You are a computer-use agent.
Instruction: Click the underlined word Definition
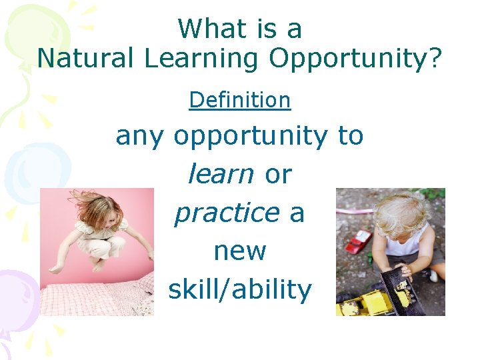[x=240, y=100]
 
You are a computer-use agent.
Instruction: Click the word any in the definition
[x=141, y=137]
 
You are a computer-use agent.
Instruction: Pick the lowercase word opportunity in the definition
[x=251, y=137]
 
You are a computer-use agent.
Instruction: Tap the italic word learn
[x=221, y=174]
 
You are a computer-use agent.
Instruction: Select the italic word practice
[x=226, y=213]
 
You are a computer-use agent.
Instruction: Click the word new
[x=240, y=251]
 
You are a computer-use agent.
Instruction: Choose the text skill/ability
[x=240, y=290]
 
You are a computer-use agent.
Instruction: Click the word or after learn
[x=279, y=174]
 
